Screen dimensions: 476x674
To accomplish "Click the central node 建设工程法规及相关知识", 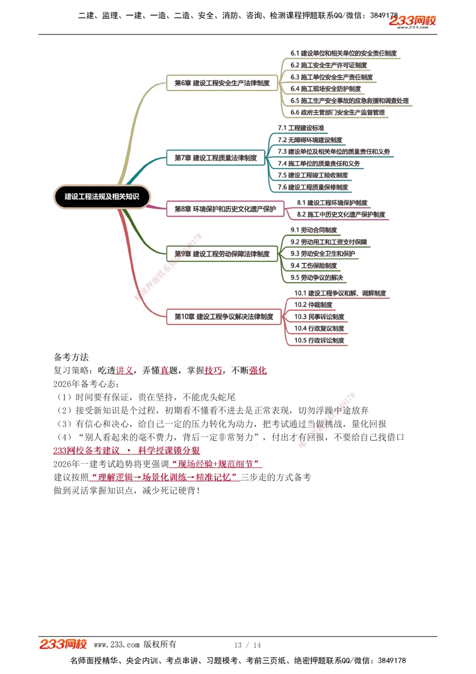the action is tap(102, 197).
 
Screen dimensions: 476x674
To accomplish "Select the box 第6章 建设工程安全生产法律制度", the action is tap(222, 83).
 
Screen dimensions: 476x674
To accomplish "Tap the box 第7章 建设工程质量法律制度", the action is tap(216, 158).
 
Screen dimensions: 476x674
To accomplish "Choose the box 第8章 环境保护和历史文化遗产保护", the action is tap(225, 209).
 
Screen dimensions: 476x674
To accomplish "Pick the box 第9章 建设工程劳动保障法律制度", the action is tap(222, 254).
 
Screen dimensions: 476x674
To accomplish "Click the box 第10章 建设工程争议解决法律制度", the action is tap(224, 317).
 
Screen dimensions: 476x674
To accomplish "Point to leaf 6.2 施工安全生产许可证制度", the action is tap(328, 65).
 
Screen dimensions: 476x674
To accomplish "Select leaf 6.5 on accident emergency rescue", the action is tap(349, 101).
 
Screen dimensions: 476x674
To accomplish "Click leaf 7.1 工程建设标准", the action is tap(301, 128).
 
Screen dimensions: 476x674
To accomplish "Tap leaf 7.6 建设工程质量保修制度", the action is tap(313, 187).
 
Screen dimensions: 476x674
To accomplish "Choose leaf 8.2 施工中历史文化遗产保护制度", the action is tap(341, 215).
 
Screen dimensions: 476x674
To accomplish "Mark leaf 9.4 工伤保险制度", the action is tap(314, 266).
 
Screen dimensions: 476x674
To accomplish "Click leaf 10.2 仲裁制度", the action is tap(313, 305).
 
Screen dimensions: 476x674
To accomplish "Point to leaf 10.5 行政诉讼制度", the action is tap(319, 341).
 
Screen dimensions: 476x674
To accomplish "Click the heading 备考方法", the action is tap(71, 357).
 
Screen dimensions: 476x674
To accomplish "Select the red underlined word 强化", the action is tap(258, 371).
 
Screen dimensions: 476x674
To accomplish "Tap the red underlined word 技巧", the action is tap(213, 371).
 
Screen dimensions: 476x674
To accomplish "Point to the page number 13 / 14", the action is tap(248, 645).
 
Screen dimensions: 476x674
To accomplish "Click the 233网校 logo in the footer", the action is tap(63, 644).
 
